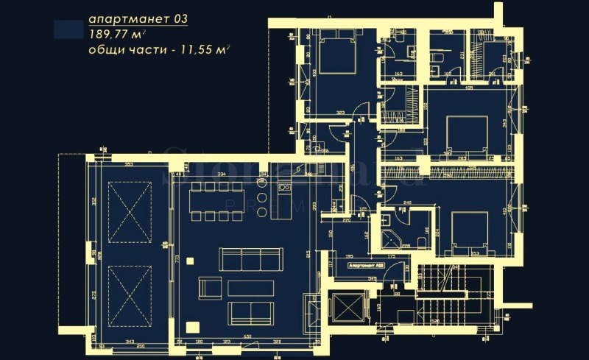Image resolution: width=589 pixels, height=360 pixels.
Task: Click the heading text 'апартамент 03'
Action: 138,19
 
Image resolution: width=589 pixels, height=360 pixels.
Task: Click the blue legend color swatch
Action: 69,29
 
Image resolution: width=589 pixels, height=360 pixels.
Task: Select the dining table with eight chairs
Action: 216,201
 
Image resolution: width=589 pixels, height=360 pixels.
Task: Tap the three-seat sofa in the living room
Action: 250,260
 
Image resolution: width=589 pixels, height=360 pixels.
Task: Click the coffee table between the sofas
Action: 250,287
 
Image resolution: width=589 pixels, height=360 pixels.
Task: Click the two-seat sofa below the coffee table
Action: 250,312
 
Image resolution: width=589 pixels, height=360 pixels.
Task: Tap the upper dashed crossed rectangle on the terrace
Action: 130,213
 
